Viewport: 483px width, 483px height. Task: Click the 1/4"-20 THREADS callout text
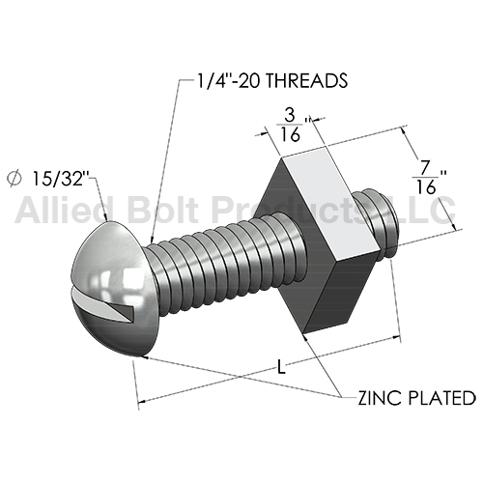point(272,80)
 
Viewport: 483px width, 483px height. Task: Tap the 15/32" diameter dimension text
point(61,178)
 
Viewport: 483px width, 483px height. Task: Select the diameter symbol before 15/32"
point(14,179)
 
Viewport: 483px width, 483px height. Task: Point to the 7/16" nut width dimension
point(429,178)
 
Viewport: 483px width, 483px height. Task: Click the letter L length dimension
point(282,367)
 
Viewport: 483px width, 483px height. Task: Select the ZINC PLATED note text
point(417,398)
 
